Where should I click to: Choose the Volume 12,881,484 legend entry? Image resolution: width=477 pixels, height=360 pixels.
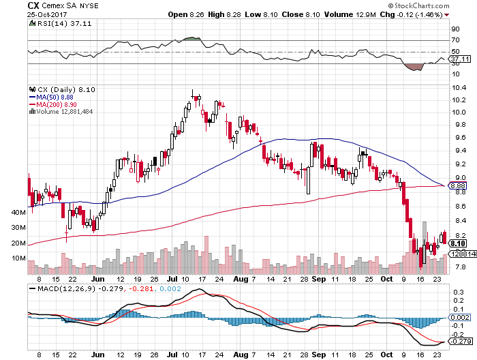(x=64, y=112)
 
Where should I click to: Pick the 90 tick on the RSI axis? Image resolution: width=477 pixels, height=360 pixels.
(x=453, y=29)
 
